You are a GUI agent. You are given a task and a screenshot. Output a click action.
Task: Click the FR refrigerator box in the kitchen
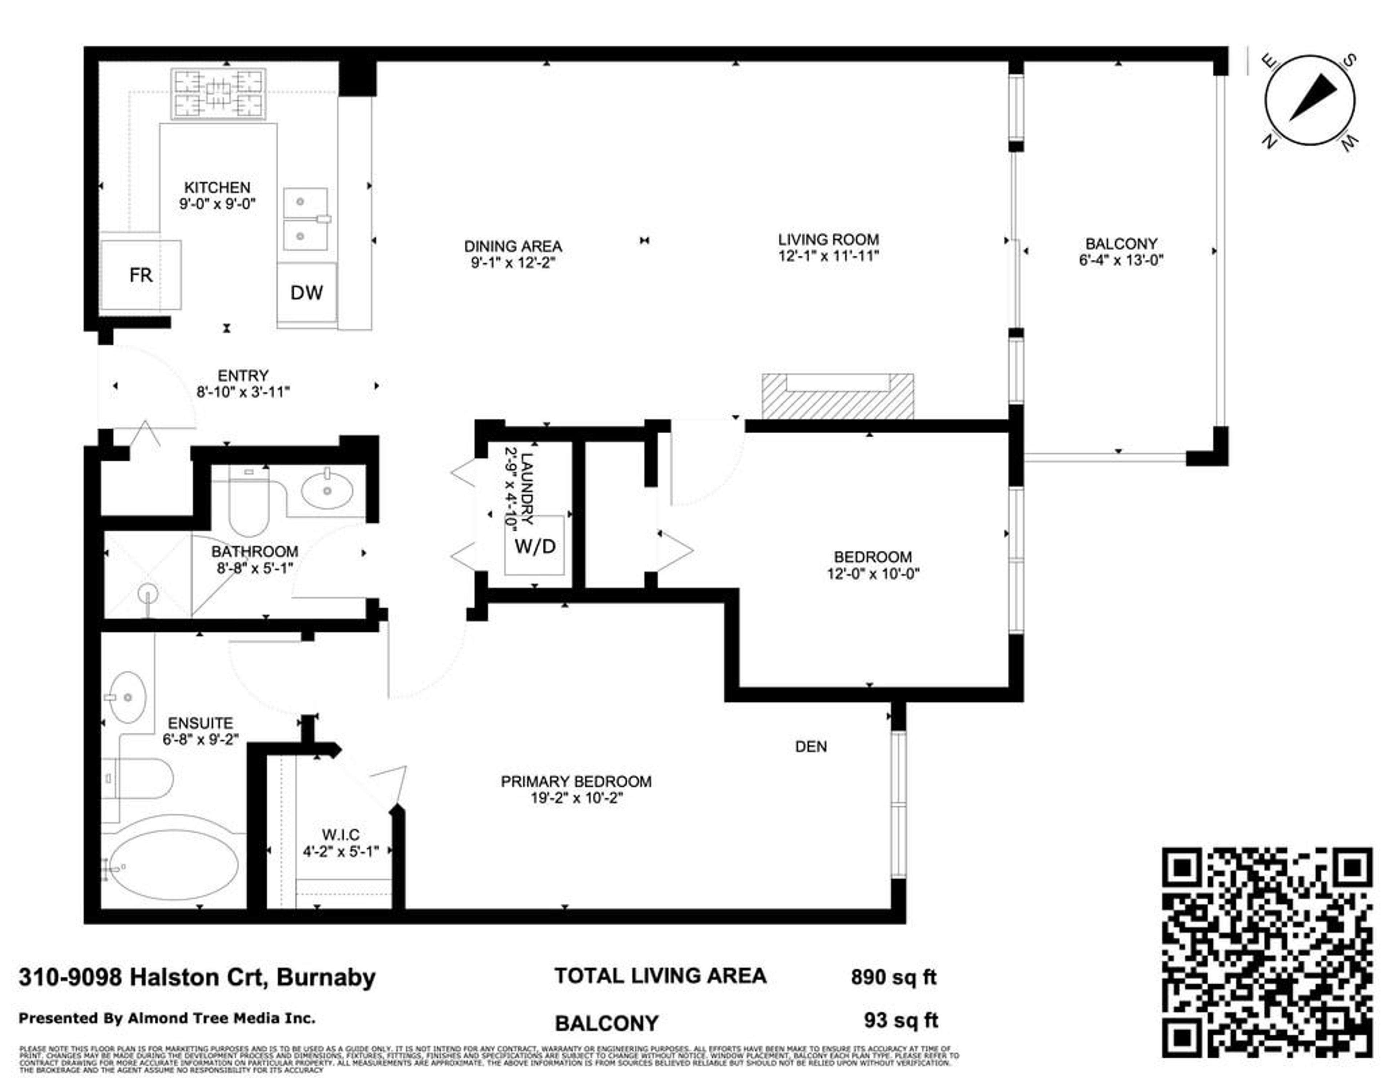point(141,275)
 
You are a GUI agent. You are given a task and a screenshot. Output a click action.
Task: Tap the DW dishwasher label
point(307,292)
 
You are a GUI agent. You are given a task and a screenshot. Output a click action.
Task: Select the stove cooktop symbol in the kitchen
point(218,94)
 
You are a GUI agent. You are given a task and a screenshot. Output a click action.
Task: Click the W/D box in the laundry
point(535,546)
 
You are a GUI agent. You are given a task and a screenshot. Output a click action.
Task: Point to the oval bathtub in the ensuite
point(174,865)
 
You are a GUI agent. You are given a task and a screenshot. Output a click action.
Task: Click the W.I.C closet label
point(340,835)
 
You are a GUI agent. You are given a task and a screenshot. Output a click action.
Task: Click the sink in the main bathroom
point(327,490)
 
